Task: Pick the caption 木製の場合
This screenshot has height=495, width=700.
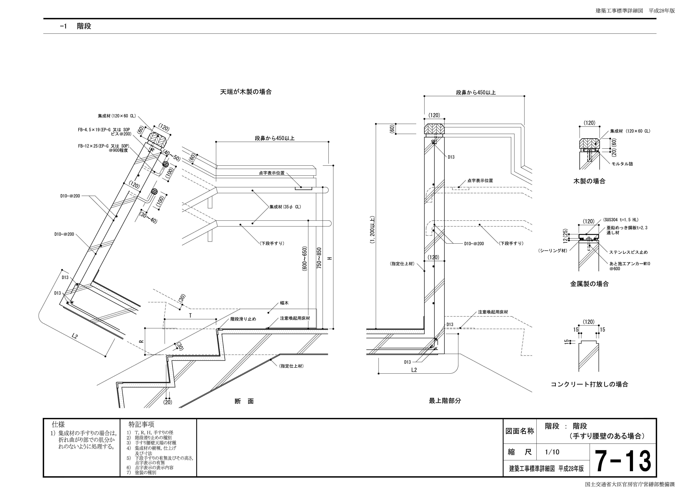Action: pyautogui.click(x=589, y=181)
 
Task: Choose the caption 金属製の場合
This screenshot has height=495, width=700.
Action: pyautogui.click(x=589, y=284)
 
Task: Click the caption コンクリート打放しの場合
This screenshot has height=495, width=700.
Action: pyautogui.click(x=589, y=384)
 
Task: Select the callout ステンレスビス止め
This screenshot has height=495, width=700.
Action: pyautogui.click(x=628, y=252)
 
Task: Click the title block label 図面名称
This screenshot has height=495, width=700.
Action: pyautogui.click(x=520, y=431)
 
